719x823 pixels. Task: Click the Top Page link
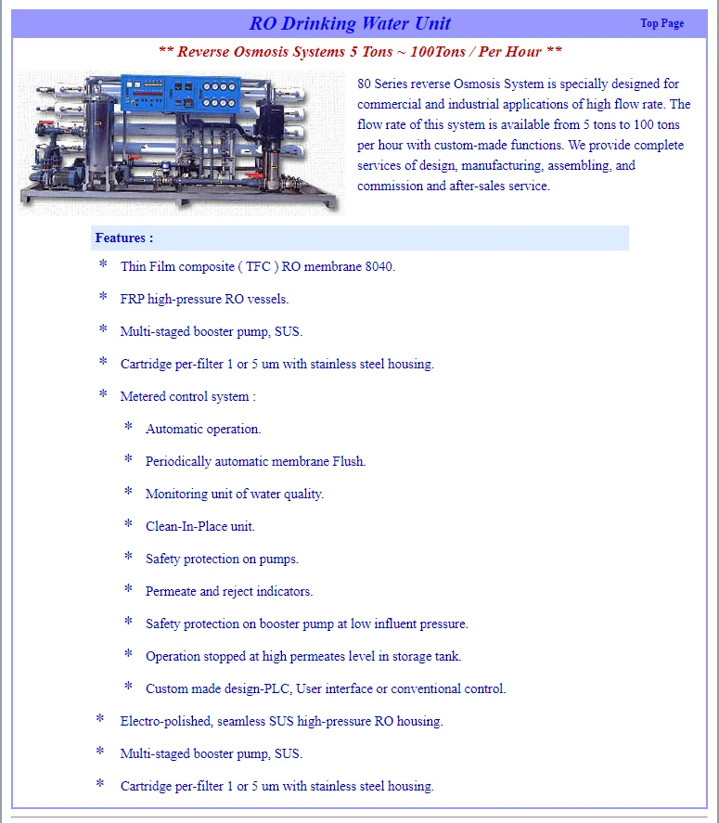pyautogui.click(x=661, y=23)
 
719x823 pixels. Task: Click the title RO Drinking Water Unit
pyautogui.click(x=350, y=23)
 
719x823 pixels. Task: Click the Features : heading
pyautogui.click(x=124, y=238)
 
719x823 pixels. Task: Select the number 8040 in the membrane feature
pyautogui.click(x=379, y=267)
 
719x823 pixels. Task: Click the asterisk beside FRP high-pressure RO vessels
pyautogui.click(x=103, y=298)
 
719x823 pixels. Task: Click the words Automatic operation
pyautogui.click(x=203, y=430)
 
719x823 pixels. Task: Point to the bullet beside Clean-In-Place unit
pyautogui.click(x=129, y=525)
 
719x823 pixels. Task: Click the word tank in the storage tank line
pyautogui.click(x=448, y=657)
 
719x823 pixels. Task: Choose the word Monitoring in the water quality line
pyautogui.click(x=175, y=495)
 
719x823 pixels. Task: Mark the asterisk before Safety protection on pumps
pyautogui.click(x=129, y=558)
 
